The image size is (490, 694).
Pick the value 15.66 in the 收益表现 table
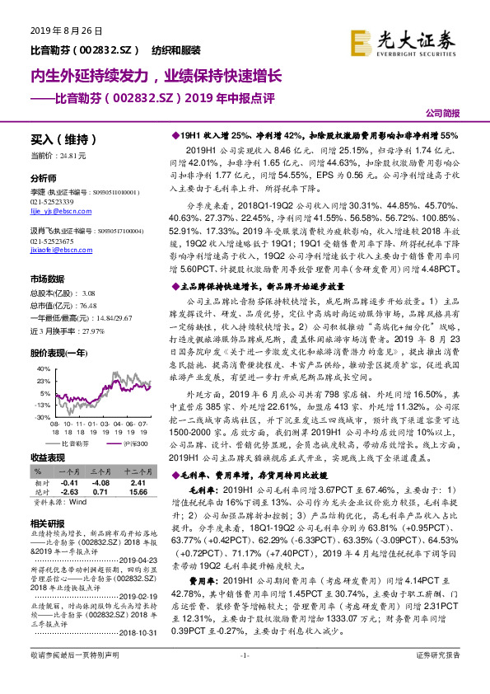click(x=138, y=492)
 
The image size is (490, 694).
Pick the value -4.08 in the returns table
click(x=101, y=483)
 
